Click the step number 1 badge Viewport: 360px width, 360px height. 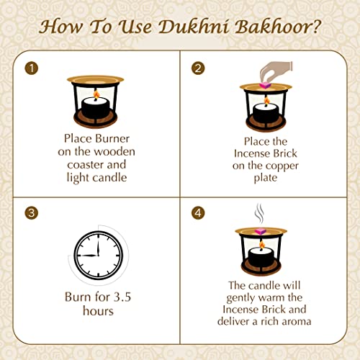30,68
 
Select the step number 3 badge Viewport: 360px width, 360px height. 30,212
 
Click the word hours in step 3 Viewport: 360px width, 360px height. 97,311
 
